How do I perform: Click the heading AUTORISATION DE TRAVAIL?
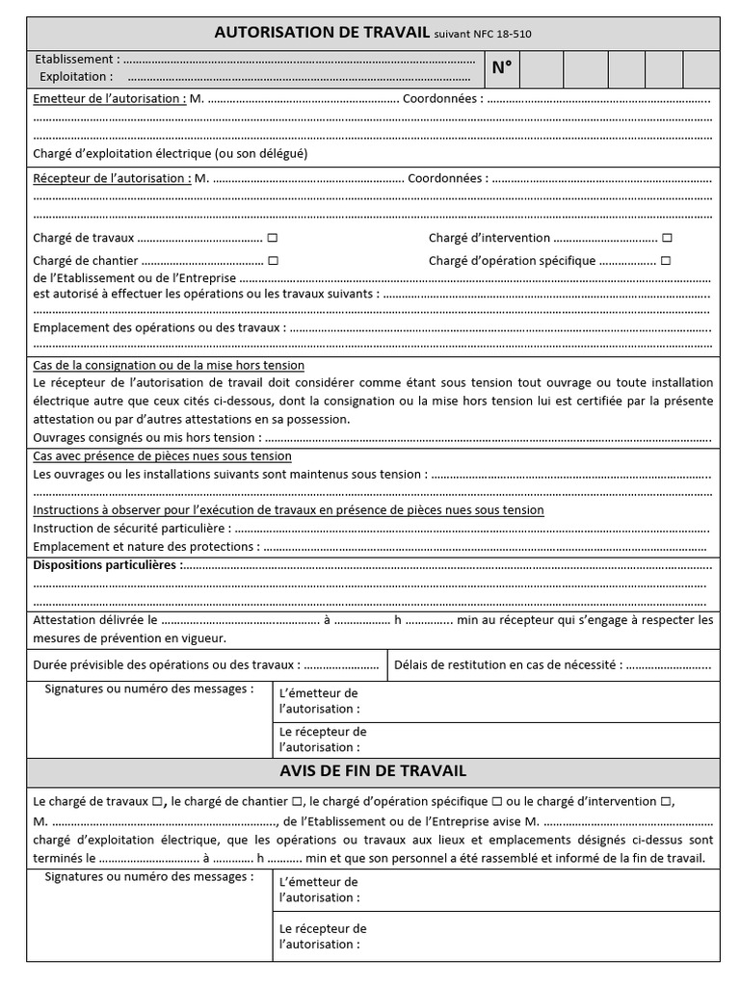[322, 33]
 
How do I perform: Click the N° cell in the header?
[502, 67]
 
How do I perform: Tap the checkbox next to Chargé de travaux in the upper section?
[273, 238]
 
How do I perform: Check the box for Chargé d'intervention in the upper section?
[667, 238]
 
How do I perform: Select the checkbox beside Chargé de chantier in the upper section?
[274, 260]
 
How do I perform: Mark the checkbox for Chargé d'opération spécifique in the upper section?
[666, 260]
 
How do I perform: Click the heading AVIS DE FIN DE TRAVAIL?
[373, 771]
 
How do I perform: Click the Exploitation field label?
[76, 76]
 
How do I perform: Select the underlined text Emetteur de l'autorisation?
[110, 98]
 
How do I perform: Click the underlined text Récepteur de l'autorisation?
[112, 178]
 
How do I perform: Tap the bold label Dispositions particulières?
[106, 564]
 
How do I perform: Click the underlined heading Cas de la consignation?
[169, 365]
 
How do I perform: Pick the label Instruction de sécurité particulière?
[132, 528]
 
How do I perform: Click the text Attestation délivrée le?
[94, 620]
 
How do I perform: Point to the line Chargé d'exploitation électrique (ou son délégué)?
[171, 153]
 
